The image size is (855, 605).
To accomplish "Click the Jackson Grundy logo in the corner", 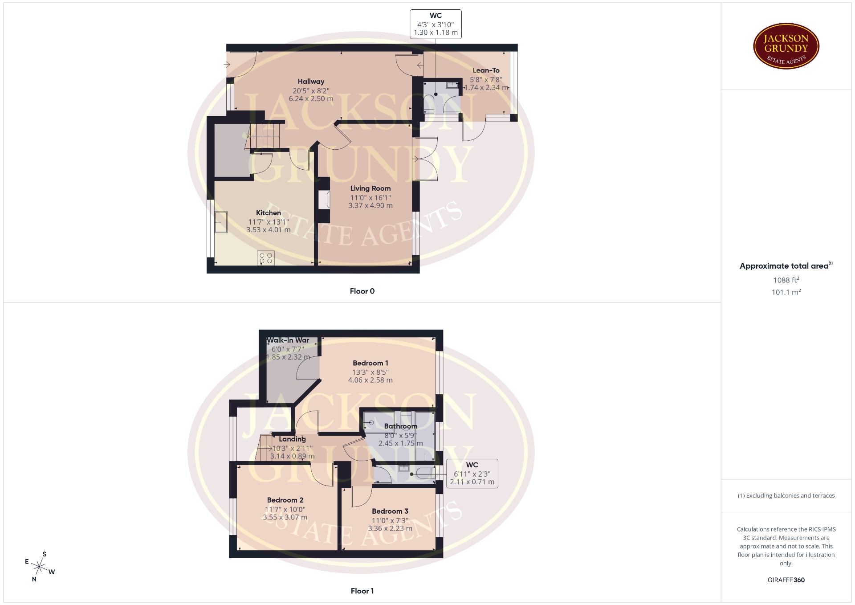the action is click(x=786, y=46).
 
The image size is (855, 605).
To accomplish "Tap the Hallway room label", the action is click(x=311, y=82).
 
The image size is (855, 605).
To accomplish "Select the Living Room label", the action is click(x=370, y=188).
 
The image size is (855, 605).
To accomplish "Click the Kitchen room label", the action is click(x=269, y=213).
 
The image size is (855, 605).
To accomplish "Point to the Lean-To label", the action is click(x=486, y=70).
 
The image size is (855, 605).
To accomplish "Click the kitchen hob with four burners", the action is click(x=266, y=258).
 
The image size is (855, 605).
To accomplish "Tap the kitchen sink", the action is click(x=221, y=222).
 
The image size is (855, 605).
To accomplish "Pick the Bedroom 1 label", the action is click(x=370, y=363).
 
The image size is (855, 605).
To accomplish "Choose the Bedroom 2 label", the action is click(x=285, y=500).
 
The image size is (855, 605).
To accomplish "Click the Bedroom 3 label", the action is click(x=390, y=511).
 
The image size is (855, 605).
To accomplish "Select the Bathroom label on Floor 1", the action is click(x=401, y=426).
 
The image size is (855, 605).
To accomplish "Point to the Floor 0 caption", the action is click(x=362, y=291).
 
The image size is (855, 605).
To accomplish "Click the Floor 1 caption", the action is click(x=362, y=591).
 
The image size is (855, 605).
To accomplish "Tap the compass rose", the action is click(x=40, y=567).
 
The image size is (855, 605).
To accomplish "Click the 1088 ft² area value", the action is click(x=786, y=280).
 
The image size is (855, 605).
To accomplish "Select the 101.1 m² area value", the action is click(x=786, y=292).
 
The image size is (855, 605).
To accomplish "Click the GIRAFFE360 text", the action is click(x=786, y=580).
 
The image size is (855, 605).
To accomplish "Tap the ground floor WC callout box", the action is click(x=436, y=24).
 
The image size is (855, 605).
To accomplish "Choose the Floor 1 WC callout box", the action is click(x=472, y=474).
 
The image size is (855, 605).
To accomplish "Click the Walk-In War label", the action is click(x=288, y=340).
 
